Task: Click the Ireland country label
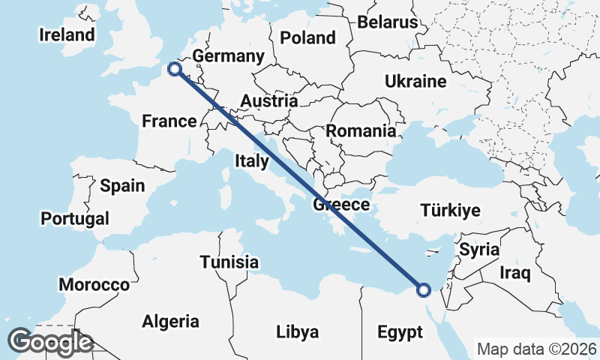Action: click(x=67, y=34)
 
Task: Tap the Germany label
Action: click(x=228, y=56)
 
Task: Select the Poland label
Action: click(x=307, y=37)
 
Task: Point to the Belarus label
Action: click(x=387, y=22)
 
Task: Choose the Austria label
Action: click(x=268, y=100)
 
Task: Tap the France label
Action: click(x=169, y=121)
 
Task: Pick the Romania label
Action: click(x=361, y=130)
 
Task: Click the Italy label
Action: click(x=251, y=160)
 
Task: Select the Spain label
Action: click(x=122, y=185)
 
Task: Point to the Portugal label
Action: click(x=75, y=218)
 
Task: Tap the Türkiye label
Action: click(x=450, y=210)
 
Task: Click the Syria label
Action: click(x=479, y=248)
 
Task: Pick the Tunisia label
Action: click(x=229, y=262)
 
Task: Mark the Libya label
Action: click(x=297, y=331)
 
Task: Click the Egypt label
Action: click(x=400, y=331)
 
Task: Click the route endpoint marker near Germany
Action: click(x=175, y=69)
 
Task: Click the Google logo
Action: click(x=50, y=342)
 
